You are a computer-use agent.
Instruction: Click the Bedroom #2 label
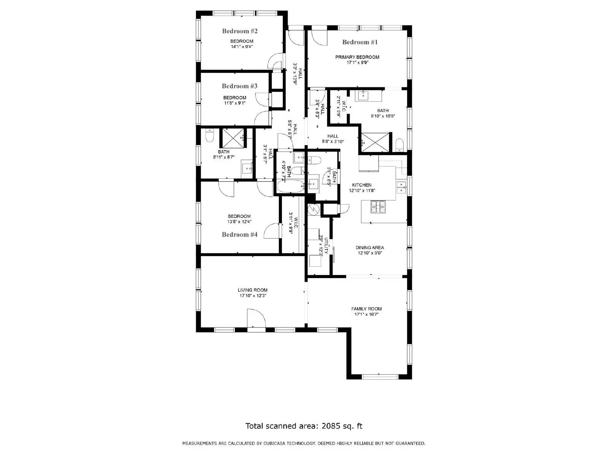[x=240, y=31]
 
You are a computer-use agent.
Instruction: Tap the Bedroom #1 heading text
[x=360, y=42]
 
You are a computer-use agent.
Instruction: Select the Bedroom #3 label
[x=239, y=86]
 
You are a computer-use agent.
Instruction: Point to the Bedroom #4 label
[x=239, y=235]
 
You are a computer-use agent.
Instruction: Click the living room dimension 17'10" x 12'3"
[x=252, y=295]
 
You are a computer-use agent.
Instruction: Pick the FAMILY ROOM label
[x=366, y=309]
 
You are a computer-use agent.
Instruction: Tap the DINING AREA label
[x=369, y=247]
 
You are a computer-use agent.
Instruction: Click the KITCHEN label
[x=362, y=185]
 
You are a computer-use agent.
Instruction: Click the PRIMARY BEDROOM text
[x=357, y=57]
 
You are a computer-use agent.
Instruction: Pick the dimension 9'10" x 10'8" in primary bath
[x=383, y=116]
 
